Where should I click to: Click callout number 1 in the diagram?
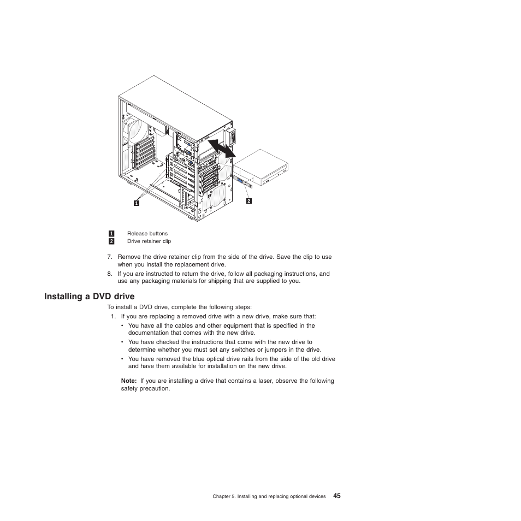pyautogui.click(x=137, y=203)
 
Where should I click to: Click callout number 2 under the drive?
pyautogui.click(x=248, y=201)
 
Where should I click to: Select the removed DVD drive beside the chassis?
pyautogui.click(x=261, y=168)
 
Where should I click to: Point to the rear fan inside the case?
pyautogui.click(x=137, y=130)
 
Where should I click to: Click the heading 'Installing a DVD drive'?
pyautogui.click(x=90, y=297)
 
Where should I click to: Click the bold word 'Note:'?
pyautogui.click(x=129, y=381)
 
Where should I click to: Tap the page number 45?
pyautogui.click(x=336, y=496)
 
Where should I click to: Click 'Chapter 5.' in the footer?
pyautogui.click(x=224, y=497)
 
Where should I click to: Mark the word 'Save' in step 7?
pyautogui.click(x=282, y=257)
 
